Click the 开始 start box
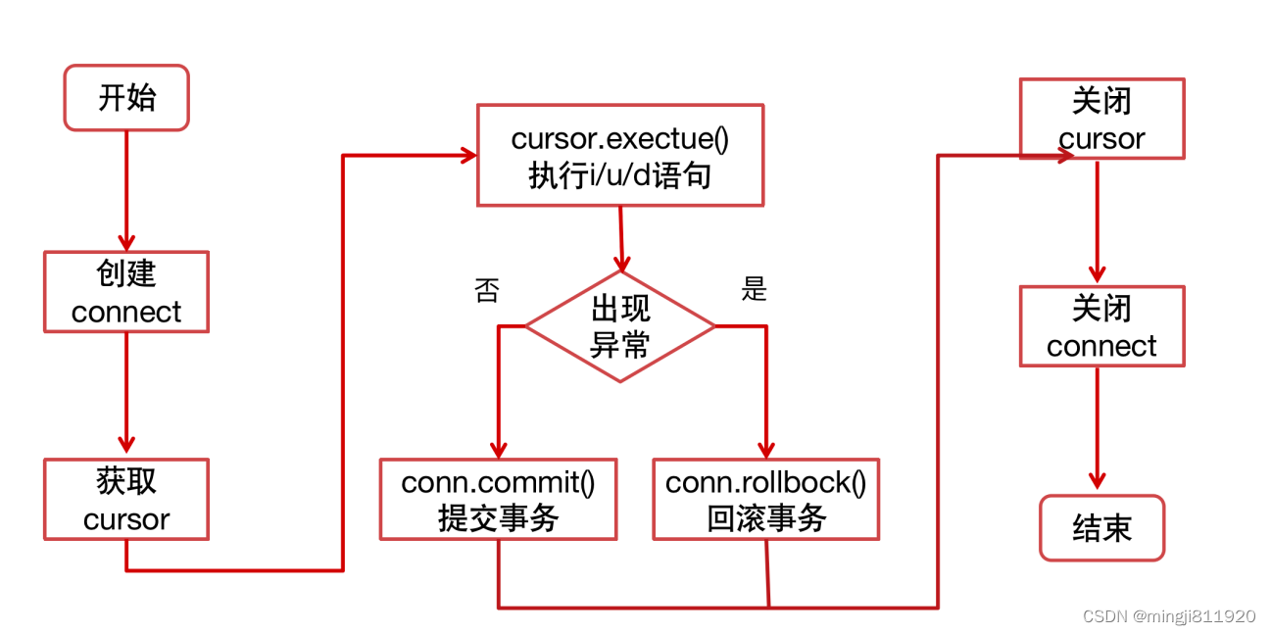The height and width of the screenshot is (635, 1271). pos(126,98)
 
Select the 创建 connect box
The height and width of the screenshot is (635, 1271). pos(126,291)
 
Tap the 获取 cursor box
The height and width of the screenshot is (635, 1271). pos(126,499)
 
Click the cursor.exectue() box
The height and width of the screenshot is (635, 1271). pos(620,155)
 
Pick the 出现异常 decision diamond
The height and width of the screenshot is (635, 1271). pos(620,326)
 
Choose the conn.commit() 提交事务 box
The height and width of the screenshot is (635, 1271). pos(498,499)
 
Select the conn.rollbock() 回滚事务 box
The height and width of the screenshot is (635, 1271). pos(766,499)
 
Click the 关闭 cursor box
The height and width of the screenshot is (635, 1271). pos(1101,119)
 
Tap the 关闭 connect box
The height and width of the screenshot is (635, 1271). pos(1101,326)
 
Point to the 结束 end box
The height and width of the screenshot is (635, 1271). pos(1101,528)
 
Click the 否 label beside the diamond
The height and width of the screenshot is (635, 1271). pos(486,291)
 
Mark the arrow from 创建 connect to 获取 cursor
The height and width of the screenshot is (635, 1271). pos(126,392)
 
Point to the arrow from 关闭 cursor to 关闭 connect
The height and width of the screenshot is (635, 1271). pos(1098,220)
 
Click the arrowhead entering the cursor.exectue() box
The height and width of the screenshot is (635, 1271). pos(467,155)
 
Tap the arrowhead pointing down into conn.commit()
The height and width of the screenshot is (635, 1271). pos(498,448)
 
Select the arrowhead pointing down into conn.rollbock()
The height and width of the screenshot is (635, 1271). pos(766,448)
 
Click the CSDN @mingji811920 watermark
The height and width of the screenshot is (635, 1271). pos(1168,616)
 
